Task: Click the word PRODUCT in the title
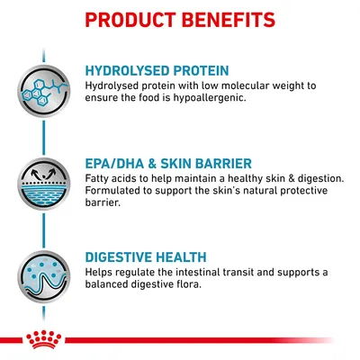(131, 19)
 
